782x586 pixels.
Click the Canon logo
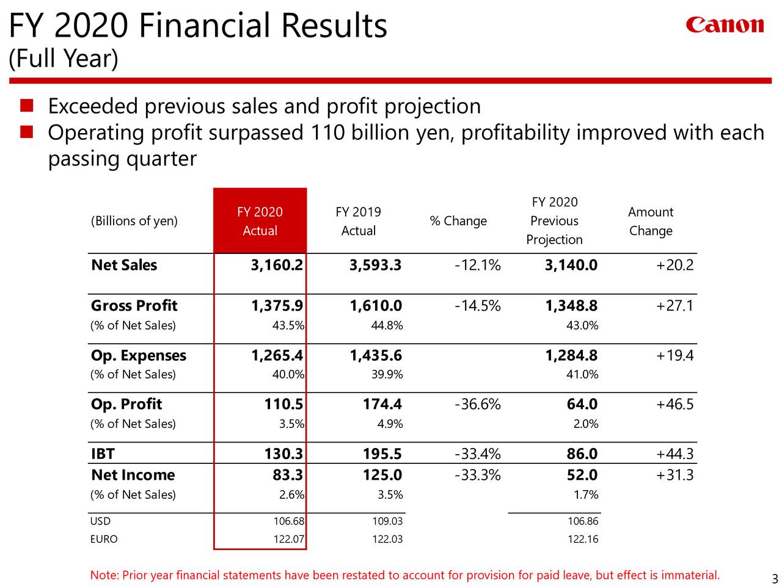pos(725,25)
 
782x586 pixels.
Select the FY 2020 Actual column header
pos(260,221)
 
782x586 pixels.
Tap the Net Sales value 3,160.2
pos(276,265)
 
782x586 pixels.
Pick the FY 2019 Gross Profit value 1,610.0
pos(375,305)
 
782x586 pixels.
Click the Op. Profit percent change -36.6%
pos(478,404)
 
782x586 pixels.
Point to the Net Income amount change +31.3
pos(674,475)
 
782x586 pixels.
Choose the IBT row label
pos(103,454)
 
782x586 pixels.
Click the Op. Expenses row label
pos(139,355)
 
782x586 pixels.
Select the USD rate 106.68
pos(288,521)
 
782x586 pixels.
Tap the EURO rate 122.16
pos(583,539)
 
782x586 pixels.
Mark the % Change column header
pos(458,221)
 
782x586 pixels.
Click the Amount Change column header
pos(651,221)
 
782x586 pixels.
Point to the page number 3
pos(774,579)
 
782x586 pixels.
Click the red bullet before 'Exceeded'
pos(26,106)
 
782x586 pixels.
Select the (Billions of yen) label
pos(134,221)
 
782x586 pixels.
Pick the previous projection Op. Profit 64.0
pos(582,404)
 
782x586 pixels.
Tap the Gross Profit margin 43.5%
pos(288,325)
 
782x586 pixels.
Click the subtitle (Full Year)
pos(63,59)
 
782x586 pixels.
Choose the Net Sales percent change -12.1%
pos(478,265)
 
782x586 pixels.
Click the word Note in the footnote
pos(103,576)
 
